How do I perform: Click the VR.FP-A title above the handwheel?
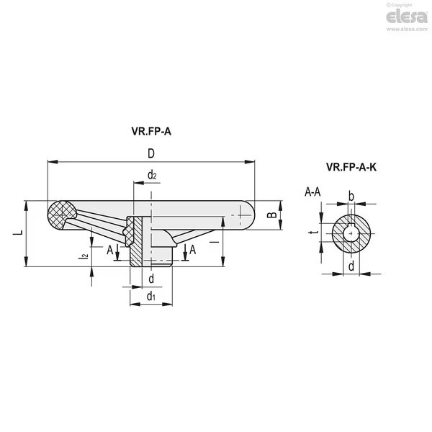point(151,132)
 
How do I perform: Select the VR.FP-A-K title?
point(351,167)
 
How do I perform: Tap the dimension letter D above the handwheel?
point(151,153)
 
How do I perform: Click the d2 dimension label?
point(152,175)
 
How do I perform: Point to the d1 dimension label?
point(151,296)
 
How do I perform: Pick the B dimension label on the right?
point(272,215)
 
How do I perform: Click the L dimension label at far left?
point(18,233)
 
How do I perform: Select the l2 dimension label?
point(84,256)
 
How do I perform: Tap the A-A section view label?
point(312,192)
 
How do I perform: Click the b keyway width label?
point(351,197)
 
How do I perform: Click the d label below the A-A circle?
point(351,266)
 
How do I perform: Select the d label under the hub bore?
point(151,279)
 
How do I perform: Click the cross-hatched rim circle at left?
point(61,215)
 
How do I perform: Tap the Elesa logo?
point(407,17)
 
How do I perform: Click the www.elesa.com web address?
point(407,29)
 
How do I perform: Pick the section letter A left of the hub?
point(110,250)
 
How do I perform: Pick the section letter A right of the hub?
point(192,250)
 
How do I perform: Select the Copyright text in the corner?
point(399,5)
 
